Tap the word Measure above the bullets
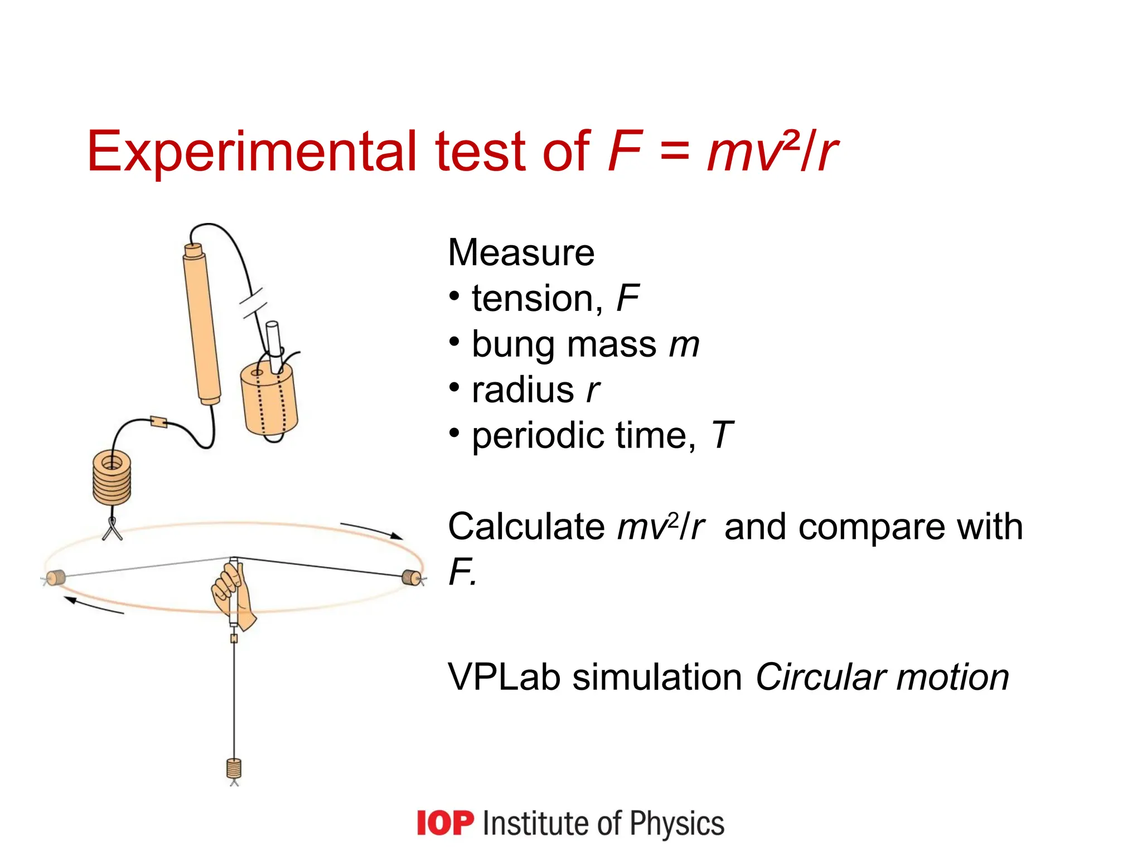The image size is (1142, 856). coord(521,253)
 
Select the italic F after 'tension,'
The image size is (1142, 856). coord(627,299)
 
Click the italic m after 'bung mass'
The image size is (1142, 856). coord(684,345)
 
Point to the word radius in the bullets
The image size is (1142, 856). coord(523,390)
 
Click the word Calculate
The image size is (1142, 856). coord(526,527)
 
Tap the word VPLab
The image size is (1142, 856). coord(504,678)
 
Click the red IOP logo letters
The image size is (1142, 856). coord(445,823)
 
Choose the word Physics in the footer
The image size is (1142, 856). coord(677,823)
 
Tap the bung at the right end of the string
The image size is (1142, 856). coord(412,577)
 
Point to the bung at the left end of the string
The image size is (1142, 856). coord(55,578)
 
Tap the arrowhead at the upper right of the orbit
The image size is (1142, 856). coord(396,536)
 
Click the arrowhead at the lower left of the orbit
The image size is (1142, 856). coord(70,600)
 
